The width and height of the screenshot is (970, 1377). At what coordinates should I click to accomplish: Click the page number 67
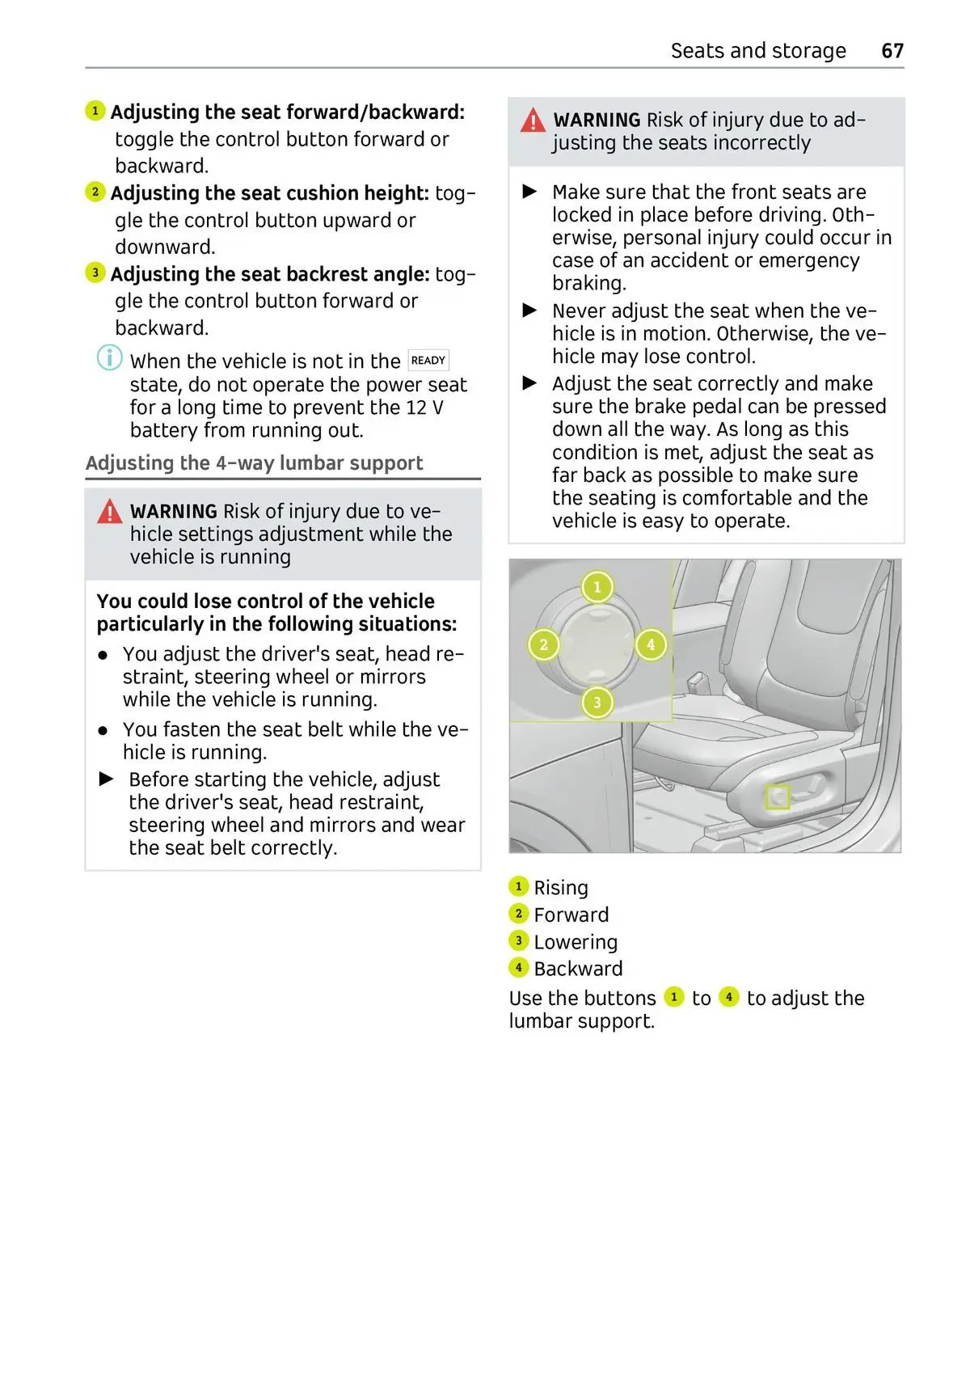click(892, 51)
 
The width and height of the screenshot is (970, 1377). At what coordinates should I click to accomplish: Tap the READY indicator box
click(428, 361)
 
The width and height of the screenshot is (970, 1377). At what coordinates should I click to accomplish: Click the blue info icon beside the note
click(110, 357)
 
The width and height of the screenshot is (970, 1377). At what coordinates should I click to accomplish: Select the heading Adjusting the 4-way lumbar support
click(254, 463)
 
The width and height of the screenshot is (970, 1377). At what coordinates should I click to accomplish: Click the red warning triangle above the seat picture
click(533, 121)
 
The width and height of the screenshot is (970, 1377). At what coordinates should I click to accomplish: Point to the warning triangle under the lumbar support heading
click(110, 512)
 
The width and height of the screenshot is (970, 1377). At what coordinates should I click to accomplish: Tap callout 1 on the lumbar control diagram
click(597, 587)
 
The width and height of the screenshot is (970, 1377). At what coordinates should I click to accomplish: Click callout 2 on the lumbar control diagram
click(543, 645)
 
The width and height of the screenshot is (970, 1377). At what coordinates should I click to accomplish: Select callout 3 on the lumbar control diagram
click(597, 703)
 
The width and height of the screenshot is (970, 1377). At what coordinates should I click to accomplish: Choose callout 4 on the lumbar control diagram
click(651, 645)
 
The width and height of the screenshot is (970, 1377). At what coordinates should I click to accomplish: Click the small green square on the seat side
click(778, 797)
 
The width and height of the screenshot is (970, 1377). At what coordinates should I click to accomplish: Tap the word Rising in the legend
click(561, 888)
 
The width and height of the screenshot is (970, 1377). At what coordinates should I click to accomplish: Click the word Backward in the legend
click(578, 969)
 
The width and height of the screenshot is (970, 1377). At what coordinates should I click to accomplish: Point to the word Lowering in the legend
click(576, 942)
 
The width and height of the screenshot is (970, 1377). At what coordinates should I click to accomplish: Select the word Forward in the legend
click(571, 914)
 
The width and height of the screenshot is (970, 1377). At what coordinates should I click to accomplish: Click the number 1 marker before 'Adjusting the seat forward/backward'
click(95, 111)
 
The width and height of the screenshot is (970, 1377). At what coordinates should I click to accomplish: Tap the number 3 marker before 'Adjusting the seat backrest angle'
click(95, 272)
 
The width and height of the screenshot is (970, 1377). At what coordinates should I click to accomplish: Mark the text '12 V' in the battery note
click(425, 408)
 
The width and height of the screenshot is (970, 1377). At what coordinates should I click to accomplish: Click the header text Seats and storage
click(758, 51)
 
